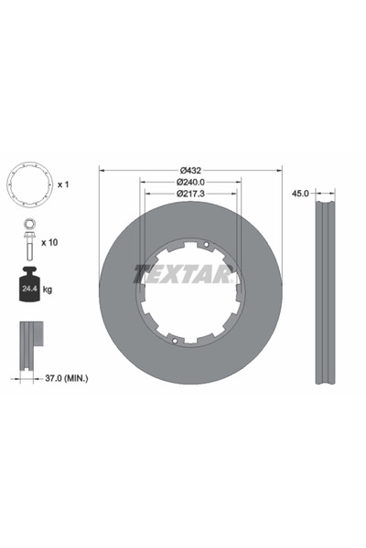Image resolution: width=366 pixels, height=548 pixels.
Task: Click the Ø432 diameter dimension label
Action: [190, 171]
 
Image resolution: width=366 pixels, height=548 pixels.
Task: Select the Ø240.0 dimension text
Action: [190, 183]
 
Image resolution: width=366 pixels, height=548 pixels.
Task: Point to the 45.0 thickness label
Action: [298, 194]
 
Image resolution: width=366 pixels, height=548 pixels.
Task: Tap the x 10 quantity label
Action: [52, 242]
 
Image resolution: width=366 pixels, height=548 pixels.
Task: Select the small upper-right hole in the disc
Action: [209, 244]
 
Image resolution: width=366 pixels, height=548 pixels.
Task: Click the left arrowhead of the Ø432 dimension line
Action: [102, 171]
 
